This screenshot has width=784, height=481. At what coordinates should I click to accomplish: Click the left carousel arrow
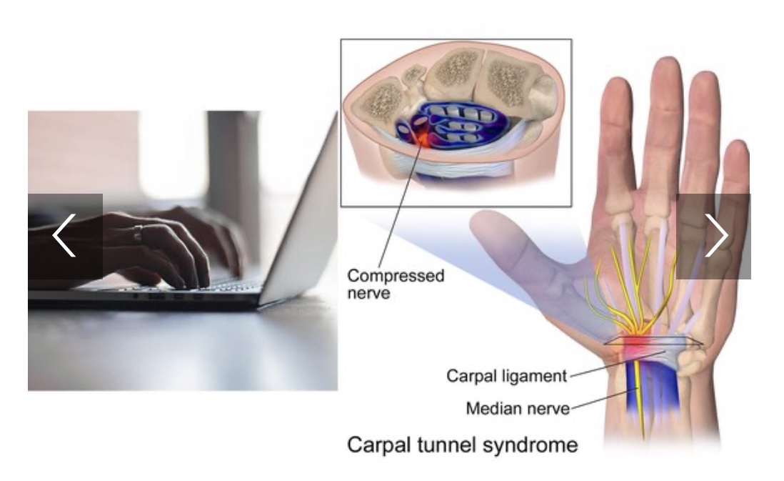pos(65,236)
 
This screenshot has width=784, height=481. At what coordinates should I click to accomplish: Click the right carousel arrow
pos(713,236)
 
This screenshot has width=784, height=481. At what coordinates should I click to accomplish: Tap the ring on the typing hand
pos(138,233)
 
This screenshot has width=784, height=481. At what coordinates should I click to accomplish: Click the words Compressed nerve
pos(396,284)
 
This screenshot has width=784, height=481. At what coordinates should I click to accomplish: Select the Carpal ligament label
pos(506,375)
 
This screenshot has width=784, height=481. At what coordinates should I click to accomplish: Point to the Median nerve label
pos(518,408)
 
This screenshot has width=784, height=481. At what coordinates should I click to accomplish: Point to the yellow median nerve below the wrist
pos(639,400)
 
